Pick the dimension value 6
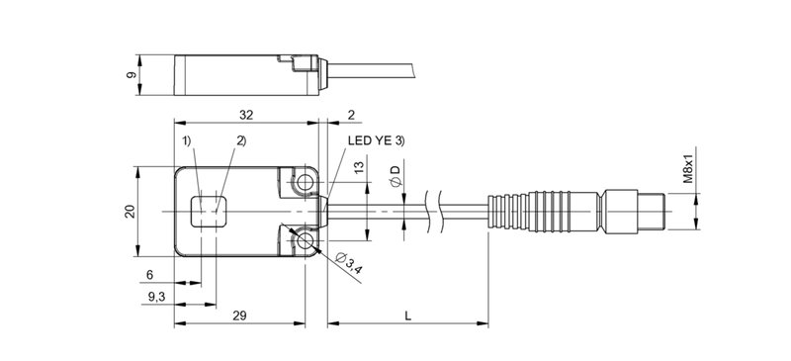click(150, 274)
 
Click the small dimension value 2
click(351, 115)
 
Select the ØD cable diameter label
click(395, 178)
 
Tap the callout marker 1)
click(187, 142)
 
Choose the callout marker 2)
click(239, 142)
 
